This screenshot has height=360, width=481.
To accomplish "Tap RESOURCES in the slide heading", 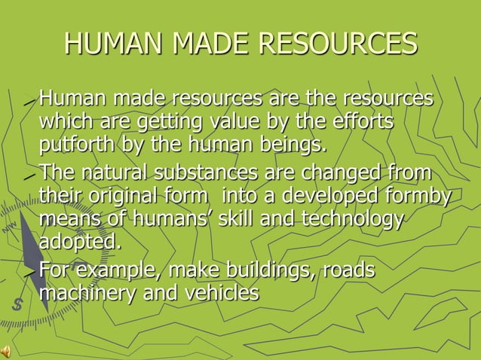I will pos(337,44).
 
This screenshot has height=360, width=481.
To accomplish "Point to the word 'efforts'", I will pos(362,121).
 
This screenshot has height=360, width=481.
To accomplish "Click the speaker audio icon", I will pos(7,352).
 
